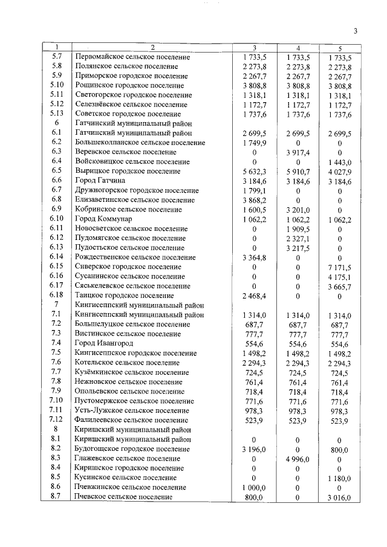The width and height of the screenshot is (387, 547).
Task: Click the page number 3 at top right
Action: pos(356,31)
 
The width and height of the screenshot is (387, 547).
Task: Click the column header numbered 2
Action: pos(152,47)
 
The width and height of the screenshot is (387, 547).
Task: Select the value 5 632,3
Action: pos(254,170)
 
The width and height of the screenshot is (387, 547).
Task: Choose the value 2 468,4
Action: pos(254,295)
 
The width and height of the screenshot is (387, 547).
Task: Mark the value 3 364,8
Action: pos(254,256)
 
